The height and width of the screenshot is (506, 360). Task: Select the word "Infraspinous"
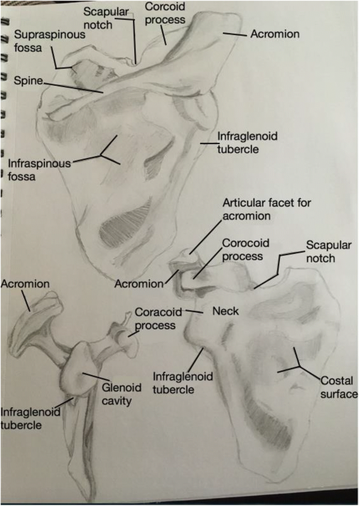coord(39,164)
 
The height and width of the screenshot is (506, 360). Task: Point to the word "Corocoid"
coord(242,244)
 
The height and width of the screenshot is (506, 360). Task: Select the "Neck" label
coord(225,311)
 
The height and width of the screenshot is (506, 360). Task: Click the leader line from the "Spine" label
coord(74,86)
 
